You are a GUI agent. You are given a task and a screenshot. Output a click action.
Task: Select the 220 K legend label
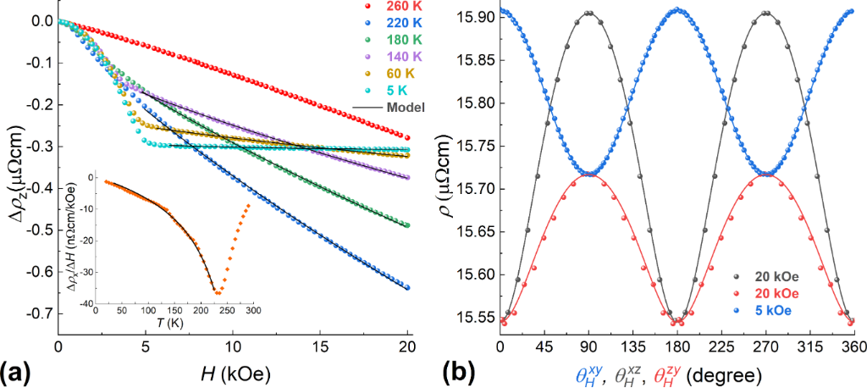pyautogui.click(x=398, y=28)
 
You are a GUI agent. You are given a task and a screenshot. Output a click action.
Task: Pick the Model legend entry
pyautogui.click(x=404, y=108)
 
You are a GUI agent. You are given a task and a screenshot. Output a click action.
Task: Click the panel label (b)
pyautogui.click(x=463, y=371)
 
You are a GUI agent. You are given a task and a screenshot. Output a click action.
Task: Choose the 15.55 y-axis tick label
pyautogui.click(x=472, y=318)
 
